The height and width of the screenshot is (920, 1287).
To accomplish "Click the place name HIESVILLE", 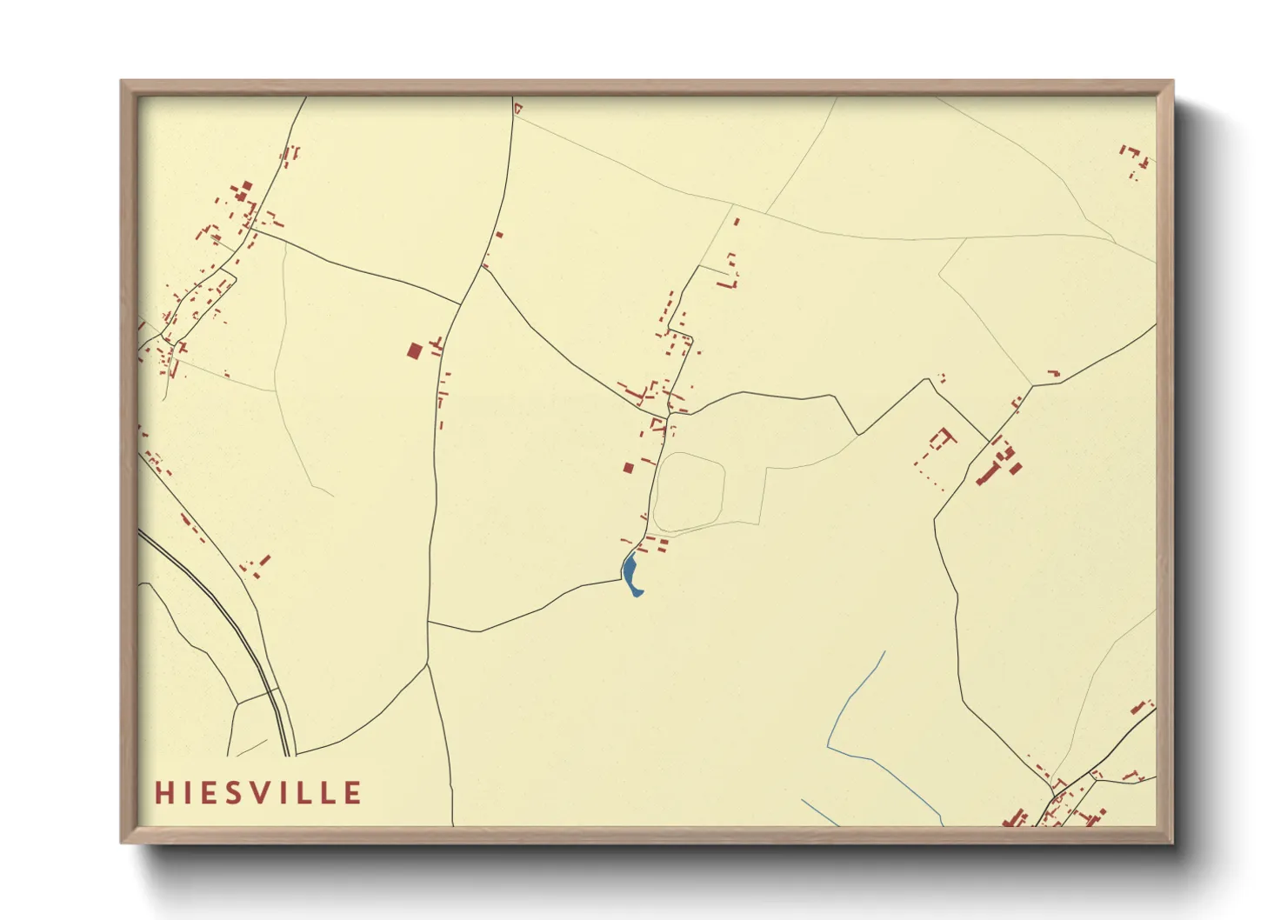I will [x=258, y=793].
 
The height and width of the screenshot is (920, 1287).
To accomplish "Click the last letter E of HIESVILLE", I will [x=353, y=793].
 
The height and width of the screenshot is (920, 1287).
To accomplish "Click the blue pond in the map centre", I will [x=631, y=574].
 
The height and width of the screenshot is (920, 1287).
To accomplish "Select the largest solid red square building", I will [x=415, y=350].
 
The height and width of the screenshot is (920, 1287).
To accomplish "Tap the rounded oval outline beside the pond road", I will [x=689, y=492].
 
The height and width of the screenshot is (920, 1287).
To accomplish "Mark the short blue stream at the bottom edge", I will [x=819, y=812].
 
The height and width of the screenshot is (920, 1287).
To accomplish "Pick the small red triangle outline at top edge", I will [x=517, y=109].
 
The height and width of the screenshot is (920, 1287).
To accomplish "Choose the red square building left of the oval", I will [x=628, y=468].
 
